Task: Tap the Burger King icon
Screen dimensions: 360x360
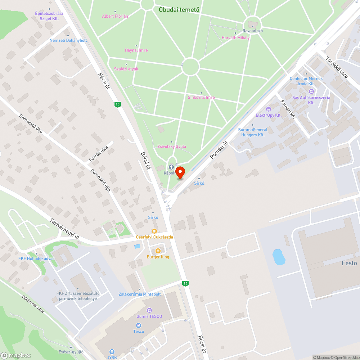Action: click(158, 251)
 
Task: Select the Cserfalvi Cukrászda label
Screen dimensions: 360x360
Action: click(154, 237)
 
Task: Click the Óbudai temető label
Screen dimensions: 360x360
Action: click(179, 10)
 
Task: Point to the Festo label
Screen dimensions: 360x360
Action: click(349, 263)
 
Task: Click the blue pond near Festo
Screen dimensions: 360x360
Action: click(279, 257)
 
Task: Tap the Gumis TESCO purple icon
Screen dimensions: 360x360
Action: click(149, 310)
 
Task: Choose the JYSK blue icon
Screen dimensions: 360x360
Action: click(112, 352)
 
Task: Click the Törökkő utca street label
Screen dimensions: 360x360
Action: click(336, 67)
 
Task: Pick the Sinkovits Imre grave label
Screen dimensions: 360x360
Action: click(201, 97)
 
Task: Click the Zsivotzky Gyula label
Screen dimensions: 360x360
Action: click(172, 147)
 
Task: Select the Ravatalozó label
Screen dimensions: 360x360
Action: click(252, 31)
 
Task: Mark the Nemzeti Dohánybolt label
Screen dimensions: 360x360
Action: click(68, 40)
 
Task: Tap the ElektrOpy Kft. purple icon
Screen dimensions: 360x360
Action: click(268, 109)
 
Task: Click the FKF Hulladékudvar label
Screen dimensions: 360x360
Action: click(36, 258)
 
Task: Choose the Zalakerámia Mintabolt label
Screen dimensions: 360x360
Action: click(140, 294)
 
